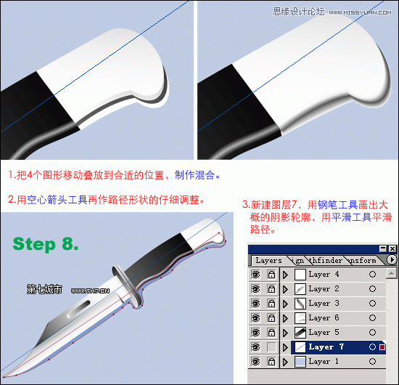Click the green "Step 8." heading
(x=46, y=243)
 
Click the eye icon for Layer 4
(x=255, y=275)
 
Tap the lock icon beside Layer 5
(x=271, y=333)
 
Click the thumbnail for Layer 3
(x=299, y=304)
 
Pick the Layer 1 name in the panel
(x=319, y=362)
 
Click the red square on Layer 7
(x=383, y=348)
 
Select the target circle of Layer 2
(x=372, y=289)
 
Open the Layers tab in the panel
(x=269, y=260)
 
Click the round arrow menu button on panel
(x=392, y=259)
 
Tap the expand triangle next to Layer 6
(x=285, y=318)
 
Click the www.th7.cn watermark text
(x=90, y=290)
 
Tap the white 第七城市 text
(x=44, y=289)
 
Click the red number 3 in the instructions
(x=245, y=204)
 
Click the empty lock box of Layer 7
(x=271, y=347)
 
